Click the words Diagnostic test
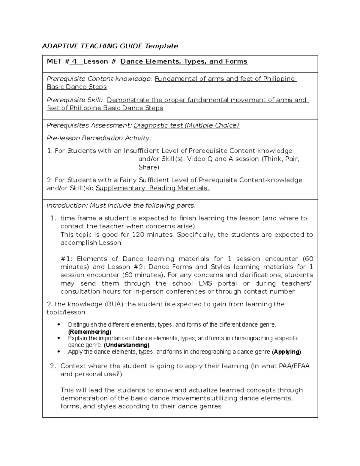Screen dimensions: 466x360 [158, 125]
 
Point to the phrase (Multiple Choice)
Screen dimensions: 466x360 [212, 125]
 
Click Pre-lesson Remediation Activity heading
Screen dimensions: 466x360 [99, 138]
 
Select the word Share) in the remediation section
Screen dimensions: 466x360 [148, 167]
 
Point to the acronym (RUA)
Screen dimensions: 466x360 [114, 304]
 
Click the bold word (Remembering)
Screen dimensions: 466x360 [90, 332]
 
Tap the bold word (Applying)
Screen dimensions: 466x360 [286, 352]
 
